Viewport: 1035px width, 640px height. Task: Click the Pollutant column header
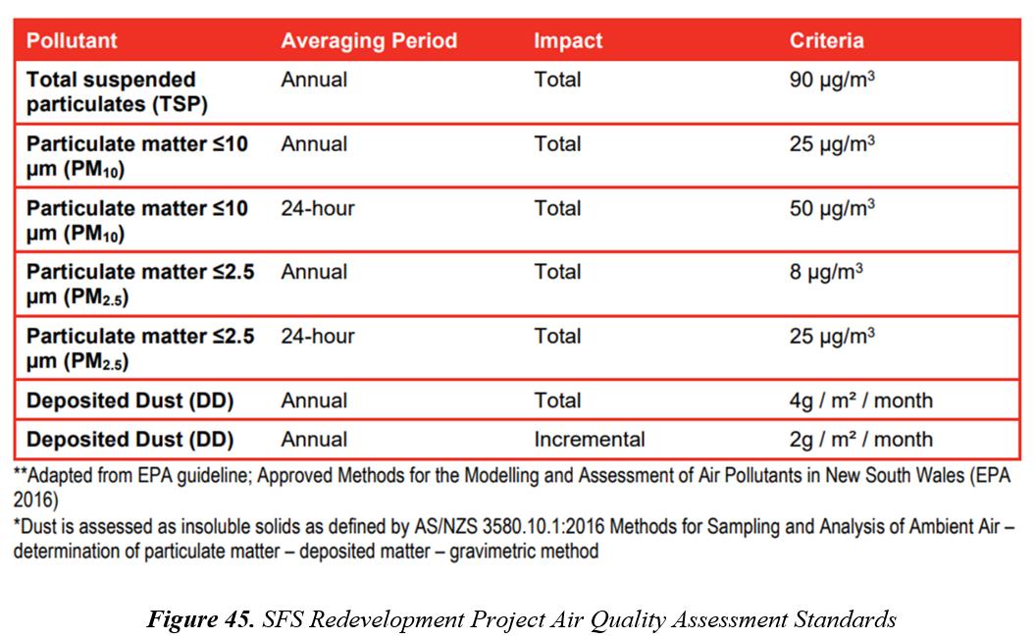click(72, 41)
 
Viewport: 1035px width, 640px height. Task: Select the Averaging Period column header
click(369, 41)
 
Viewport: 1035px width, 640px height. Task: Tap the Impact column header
click(568, 41)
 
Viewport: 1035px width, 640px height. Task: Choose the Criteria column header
click(826, 41)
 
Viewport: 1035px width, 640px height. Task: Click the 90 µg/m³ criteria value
click(832, 80)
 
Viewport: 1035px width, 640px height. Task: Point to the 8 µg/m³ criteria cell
click(826, 272)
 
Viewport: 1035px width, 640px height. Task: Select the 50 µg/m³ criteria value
click(832, 208)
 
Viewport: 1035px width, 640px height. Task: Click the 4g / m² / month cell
click(860, 400)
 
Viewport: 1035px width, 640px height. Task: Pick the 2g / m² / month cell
click(860, 439)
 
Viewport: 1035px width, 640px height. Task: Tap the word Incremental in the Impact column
click(590, 439)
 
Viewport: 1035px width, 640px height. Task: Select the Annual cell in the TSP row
click(314, 80)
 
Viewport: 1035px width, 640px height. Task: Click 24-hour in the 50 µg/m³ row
click(318, 208)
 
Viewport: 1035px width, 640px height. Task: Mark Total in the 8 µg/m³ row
click(557, 272)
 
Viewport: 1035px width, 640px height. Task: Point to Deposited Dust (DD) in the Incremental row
click(129, 439)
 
